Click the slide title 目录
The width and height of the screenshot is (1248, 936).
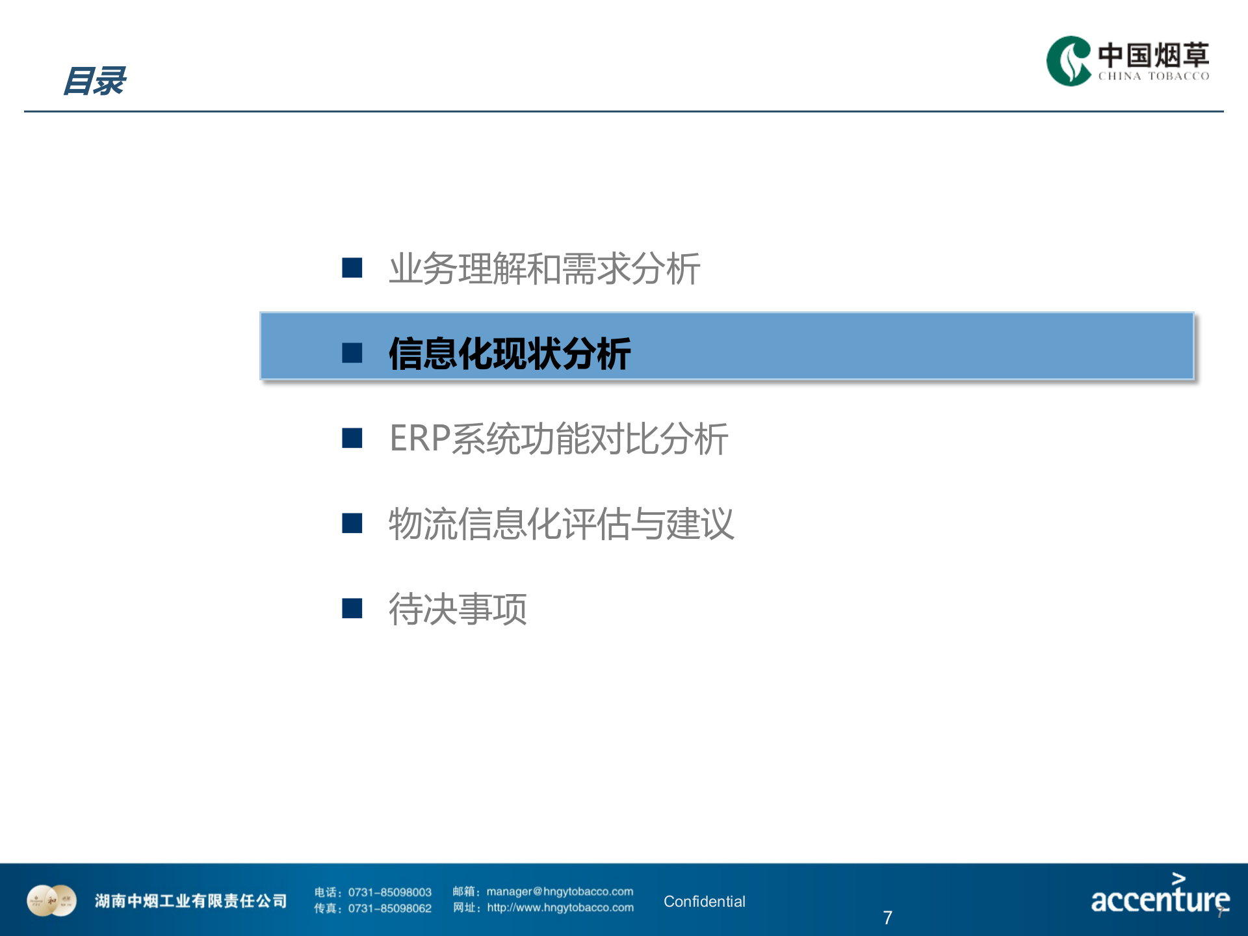(95, 81)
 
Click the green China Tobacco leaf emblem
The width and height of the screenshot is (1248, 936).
(1068, 61)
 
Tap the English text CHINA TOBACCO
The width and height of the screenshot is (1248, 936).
(1154, 76)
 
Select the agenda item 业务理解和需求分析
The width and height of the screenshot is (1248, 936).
(544, 268)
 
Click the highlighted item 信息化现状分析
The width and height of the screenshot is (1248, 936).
(510, 354)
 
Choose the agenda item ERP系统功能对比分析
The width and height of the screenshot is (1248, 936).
(558, 439)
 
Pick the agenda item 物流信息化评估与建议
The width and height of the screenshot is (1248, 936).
(561, 524)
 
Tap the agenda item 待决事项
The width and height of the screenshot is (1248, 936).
(458, 609)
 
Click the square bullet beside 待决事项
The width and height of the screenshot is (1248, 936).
(352, 608)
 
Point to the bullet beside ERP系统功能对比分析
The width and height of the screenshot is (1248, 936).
(352, 438)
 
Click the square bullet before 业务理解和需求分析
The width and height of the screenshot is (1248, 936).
(352, 268)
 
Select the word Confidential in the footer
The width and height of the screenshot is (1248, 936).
(704, 902)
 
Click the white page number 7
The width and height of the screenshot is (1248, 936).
(887, 917)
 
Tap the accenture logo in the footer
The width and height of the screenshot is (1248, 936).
(1160, 896)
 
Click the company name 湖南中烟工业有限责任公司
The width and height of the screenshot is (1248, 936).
(190, 901)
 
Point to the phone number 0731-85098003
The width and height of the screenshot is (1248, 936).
(389, 892)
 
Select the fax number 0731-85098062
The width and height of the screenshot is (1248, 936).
(389, 909)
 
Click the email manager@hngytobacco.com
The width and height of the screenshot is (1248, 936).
(560, 892)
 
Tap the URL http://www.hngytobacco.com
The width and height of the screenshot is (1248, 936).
(560, 908)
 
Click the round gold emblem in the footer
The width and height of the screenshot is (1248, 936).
(51, 901)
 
